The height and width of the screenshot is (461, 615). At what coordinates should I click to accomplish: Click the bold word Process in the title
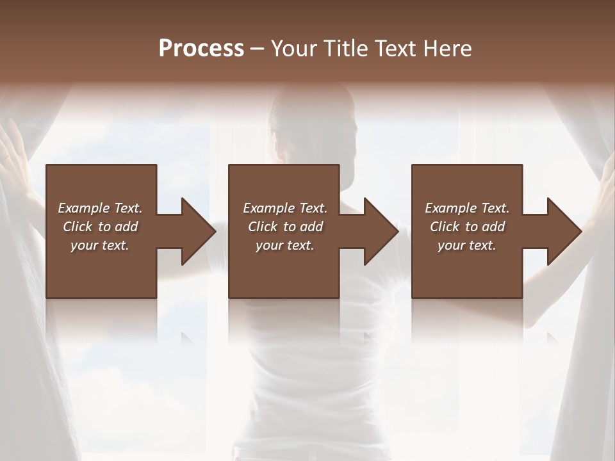click(201, 49)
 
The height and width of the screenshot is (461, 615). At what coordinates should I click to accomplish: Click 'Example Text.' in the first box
click(100, 208)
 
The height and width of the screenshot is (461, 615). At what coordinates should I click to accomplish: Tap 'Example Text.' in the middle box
click(285, 208)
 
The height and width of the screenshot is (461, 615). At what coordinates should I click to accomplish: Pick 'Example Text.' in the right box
click(467, 208)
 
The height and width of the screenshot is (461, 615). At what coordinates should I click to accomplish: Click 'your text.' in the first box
click(100, 245)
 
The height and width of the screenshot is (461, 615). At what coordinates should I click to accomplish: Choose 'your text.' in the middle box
click(285, 245)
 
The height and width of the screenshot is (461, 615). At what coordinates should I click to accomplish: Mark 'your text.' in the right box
click(467, 245)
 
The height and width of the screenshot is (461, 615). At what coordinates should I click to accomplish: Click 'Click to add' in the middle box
click(285, 227)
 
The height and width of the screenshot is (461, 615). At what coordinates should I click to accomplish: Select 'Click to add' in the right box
click(467, 227)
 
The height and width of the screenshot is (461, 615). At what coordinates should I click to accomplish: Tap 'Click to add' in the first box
click(100, 227)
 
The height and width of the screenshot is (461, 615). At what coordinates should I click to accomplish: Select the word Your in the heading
click(295, 49)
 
